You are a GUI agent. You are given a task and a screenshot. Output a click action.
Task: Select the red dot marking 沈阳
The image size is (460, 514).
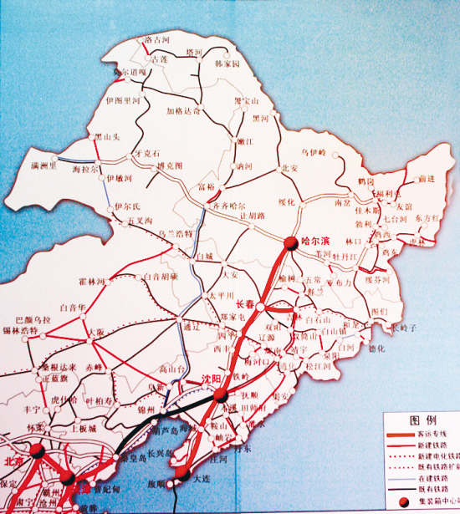point(216,390)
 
